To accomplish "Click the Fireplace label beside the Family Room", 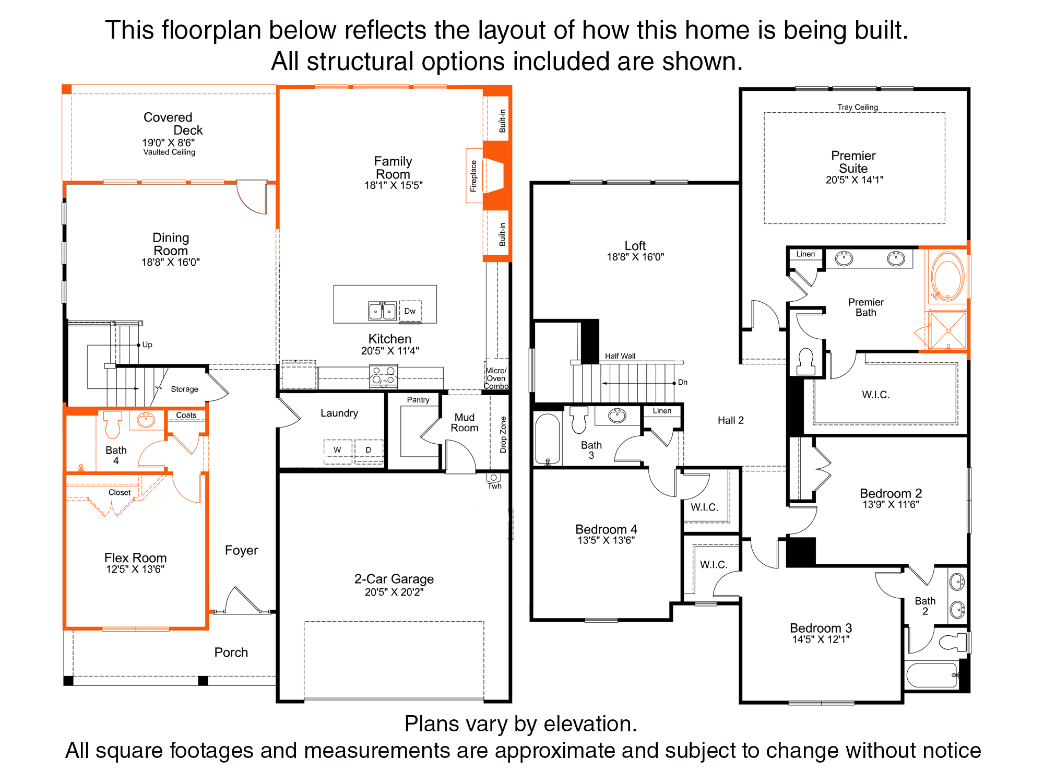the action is [473, 176].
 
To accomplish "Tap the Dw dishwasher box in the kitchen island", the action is [410, 311].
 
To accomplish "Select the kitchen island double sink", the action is [382, 311].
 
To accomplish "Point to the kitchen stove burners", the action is [383, 376].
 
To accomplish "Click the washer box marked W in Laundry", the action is [337, 450].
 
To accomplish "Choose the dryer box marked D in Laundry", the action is [369, 450].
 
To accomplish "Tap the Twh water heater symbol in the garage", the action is [493, 478].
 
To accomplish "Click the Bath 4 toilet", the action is [112, 424].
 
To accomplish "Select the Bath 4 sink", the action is [146, 420].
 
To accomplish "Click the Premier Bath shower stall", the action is [948, 330].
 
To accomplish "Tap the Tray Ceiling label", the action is [858, 107].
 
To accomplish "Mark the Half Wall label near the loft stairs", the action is [620, 356].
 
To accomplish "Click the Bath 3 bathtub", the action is [548, 438].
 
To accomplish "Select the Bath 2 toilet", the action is [954, 642].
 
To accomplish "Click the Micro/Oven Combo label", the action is [496, 378].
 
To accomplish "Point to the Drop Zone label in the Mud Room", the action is [503, 434].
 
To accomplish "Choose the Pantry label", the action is [418, 400].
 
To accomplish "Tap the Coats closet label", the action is [186, 415].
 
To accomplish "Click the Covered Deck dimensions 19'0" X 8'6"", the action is [168, 143].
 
